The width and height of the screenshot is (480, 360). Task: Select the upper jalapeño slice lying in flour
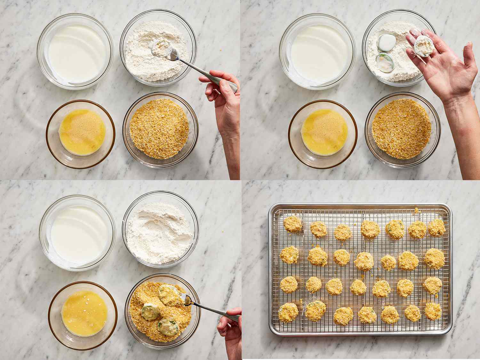pos(385,41)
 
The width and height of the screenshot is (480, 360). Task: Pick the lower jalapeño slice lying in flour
pos(382,61)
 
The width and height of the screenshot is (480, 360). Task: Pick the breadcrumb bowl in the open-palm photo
pos(402,129)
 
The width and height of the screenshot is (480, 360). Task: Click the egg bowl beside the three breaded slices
pos(83,310)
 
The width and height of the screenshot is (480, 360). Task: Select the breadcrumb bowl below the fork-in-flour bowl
pos(160,130)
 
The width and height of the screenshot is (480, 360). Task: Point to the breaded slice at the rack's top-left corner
pos(292,224)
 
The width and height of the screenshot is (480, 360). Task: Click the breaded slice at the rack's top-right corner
pos(436,228)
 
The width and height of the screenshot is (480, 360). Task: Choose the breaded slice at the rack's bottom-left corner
pos(288,312)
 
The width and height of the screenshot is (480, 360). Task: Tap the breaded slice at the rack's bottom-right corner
pos(433,311)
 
